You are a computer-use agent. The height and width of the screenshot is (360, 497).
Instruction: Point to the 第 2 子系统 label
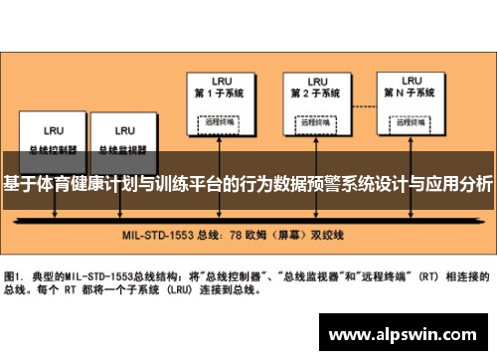(317, 94)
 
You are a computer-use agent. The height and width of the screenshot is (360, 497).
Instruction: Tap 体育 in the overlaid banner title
(51, 184)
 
